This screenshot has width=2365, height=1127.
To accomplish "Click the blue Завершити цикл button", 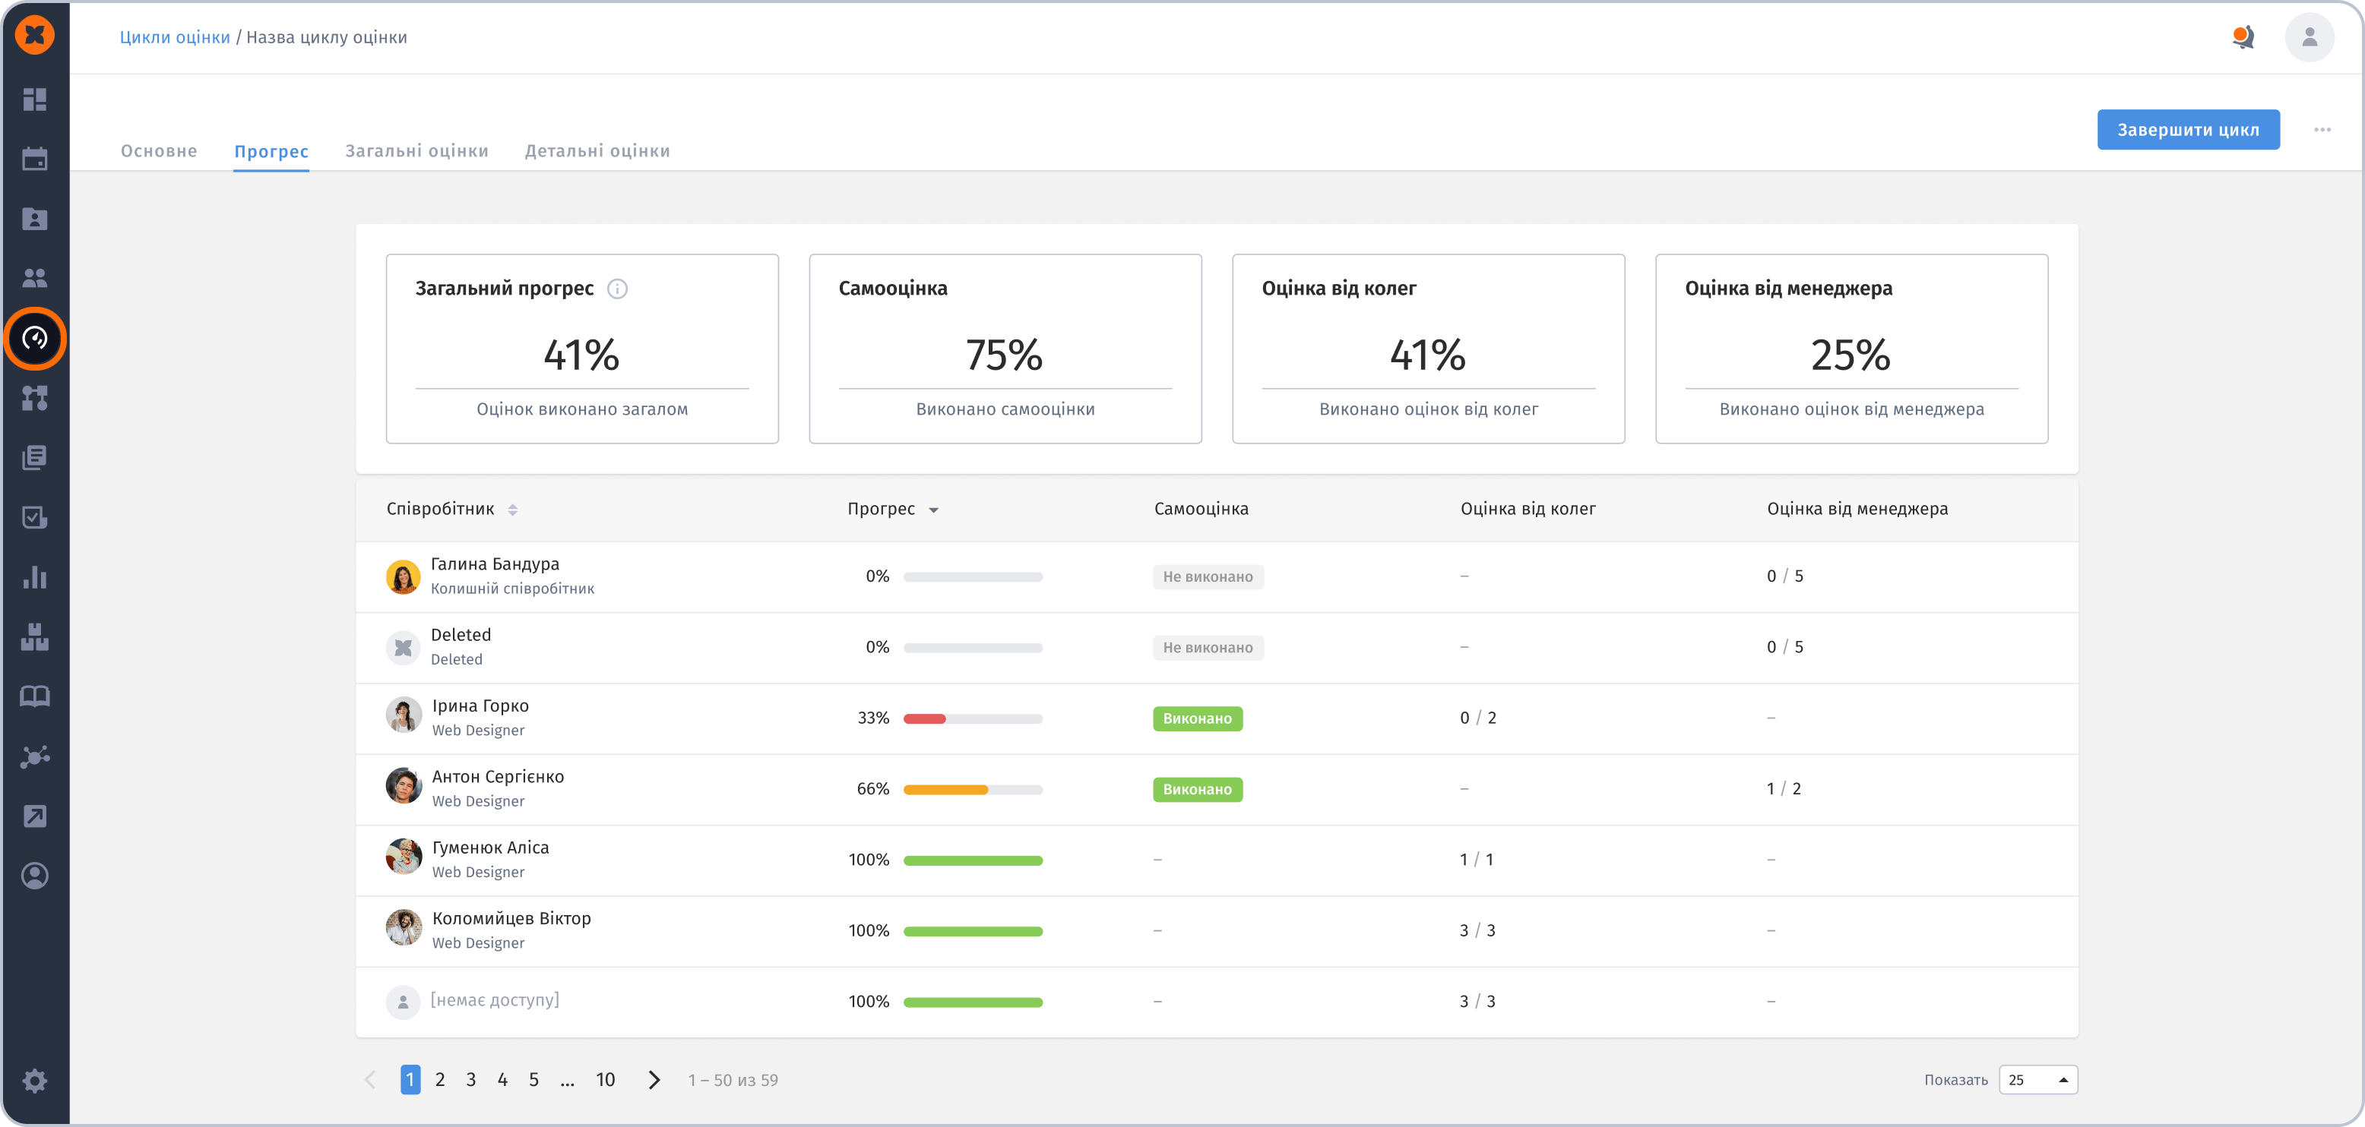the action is point(2188,129).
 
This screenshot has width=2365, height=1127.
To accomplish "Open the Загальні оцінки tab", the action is point(416,150).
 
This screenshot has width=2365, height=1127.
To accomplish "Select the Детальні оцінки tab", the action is point(597,150).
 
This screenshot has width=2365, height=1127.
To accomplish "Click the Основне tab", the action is point(159,150).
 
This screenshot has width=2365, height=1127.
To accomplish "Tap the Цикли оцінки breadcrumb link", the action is point(175,36).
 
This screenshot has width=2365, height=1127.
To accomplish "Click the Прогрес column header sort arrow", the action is point(934,510).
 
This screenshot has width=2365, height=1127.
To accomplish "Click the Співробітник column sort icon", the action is point(513,510).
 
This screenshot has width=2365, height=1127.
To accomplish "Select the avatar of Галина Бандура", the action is point(403,576).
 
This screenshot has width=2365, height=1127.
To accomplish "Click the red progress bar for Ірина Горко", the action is point(925,718).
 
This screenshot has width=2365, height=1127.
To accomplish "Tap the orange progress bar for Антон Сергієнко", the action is point(945,789).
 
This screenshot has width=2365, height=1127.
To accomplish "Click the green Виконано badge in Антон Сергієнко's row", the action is point(1197,789).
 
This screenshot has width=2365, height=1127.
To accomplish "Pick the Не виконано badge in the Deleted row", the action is point(1208,648).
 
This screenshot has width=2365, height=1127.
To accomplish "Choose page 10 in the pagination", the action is point(605,1079).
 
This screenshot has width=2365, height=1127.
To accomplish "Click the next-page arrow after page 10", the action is point(654,1080).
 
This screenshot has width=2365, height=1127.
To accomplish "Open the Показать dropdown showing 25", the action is point(2038,1080).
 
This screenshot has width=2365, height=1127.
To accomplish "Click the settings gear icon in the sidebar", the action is point(35,1080).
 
